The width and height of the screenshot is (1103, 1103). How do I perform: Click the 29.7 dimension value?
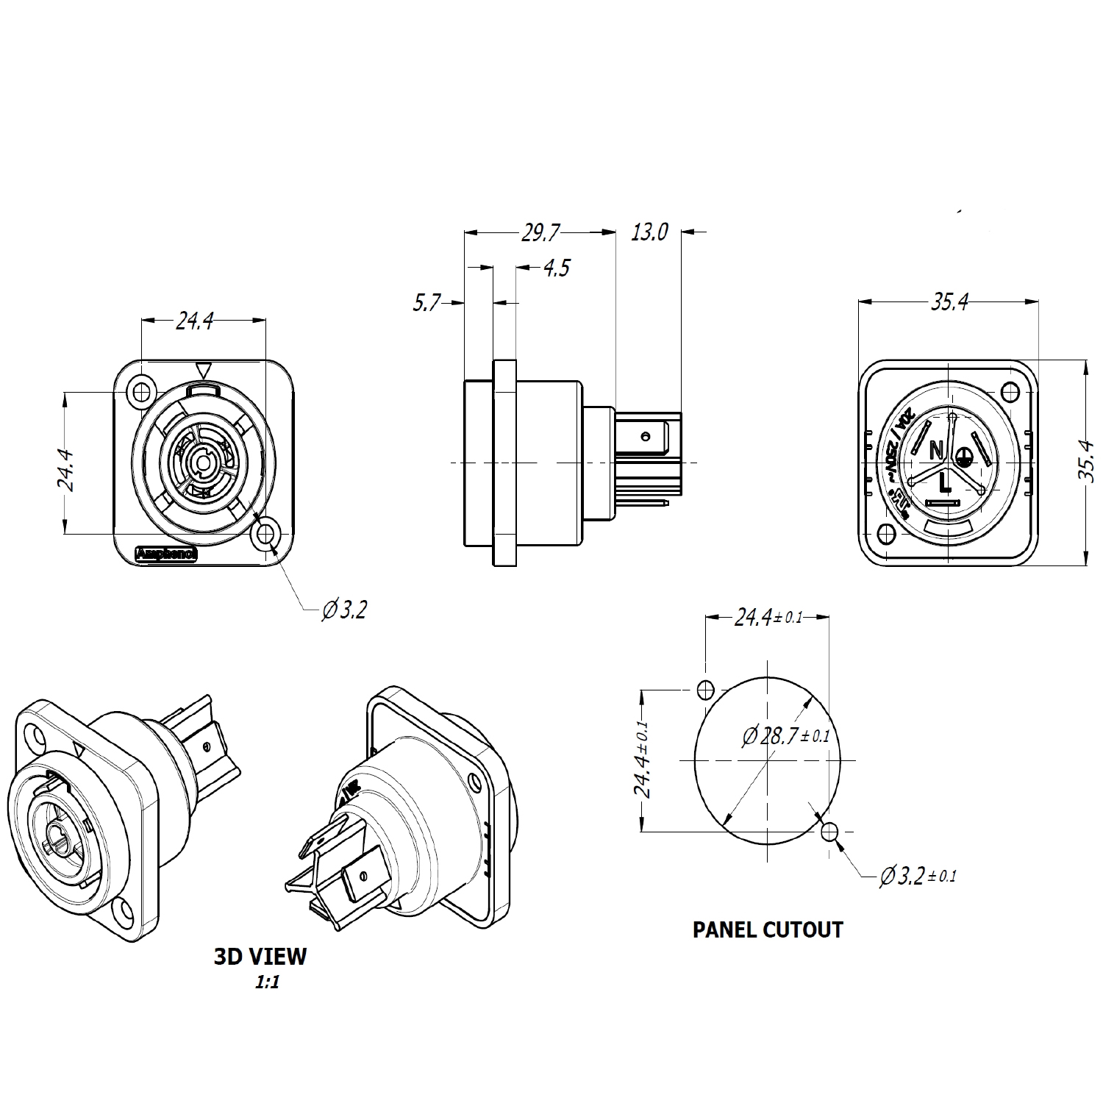tap(540, 233)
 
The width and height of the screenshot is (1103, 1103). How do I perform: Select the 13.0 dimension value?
tap(649, 232)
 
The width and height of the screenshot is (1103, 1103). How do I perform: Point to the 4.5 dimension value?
tap(557, 268)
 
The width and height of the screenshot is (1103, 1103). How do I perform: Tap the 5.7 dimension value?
tap(426, 302)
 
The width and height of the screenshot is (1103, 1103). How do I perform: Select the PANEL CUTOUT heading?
tap(768, 929)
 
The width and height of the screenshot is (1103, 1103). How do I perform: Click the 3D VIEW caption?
tap(260, 956)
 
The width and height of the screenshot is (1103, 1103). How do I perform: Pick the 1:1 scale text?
tap(267, 982)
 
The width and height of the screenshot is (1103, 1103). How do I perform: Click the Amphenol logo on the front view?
tap(167, 554)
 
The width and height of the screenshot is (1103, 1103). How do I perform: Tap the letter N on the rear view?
tap(936, 448)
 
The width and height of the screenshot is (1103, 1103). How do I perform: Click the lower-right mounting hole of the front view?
tap(265, 535)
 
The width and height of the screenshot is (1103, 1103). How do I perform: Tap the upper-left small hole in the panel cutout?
tap(705, 690)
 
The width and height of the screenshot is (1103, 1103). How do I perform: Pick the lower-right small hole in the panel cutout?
tap(829, 832)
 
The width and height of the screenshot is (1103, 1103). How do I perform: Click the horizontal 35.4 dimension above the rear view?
tap(949, 301)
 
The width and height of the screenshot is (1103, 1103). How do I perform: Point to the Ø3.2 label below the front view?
tap(344, 610)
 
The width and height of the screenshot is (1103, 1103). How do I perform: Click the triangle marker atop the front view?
tap(204, 370)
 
